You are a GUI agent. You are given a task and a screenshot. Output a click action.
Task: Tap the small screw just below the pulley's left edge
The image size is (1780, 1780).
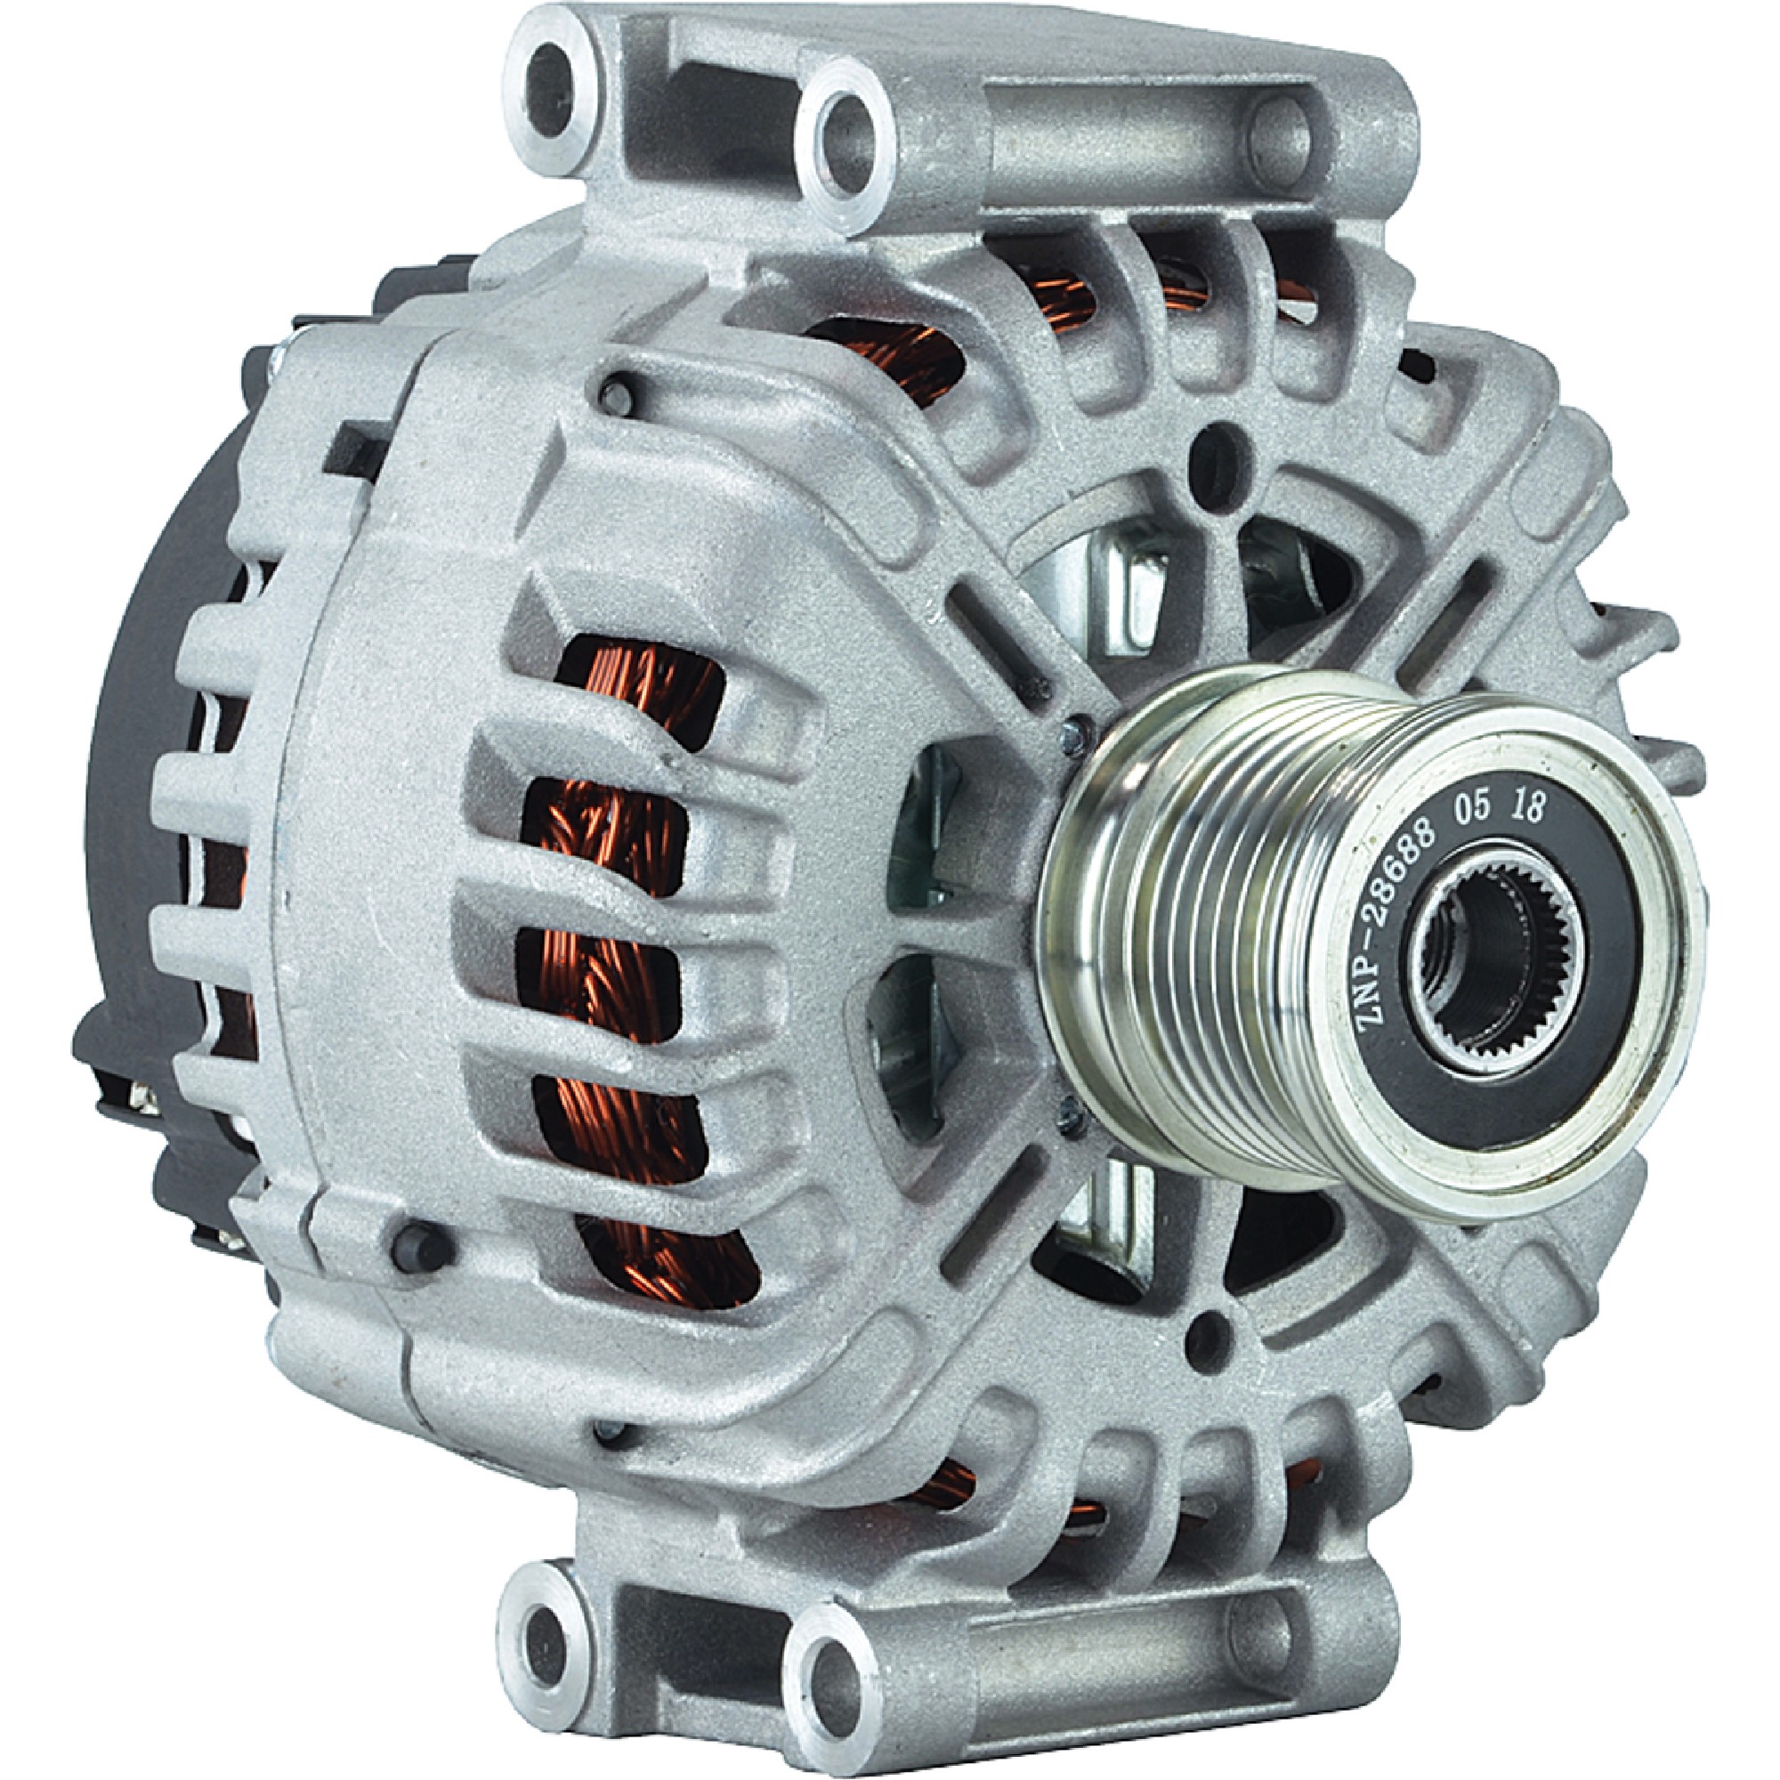1069,1112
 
